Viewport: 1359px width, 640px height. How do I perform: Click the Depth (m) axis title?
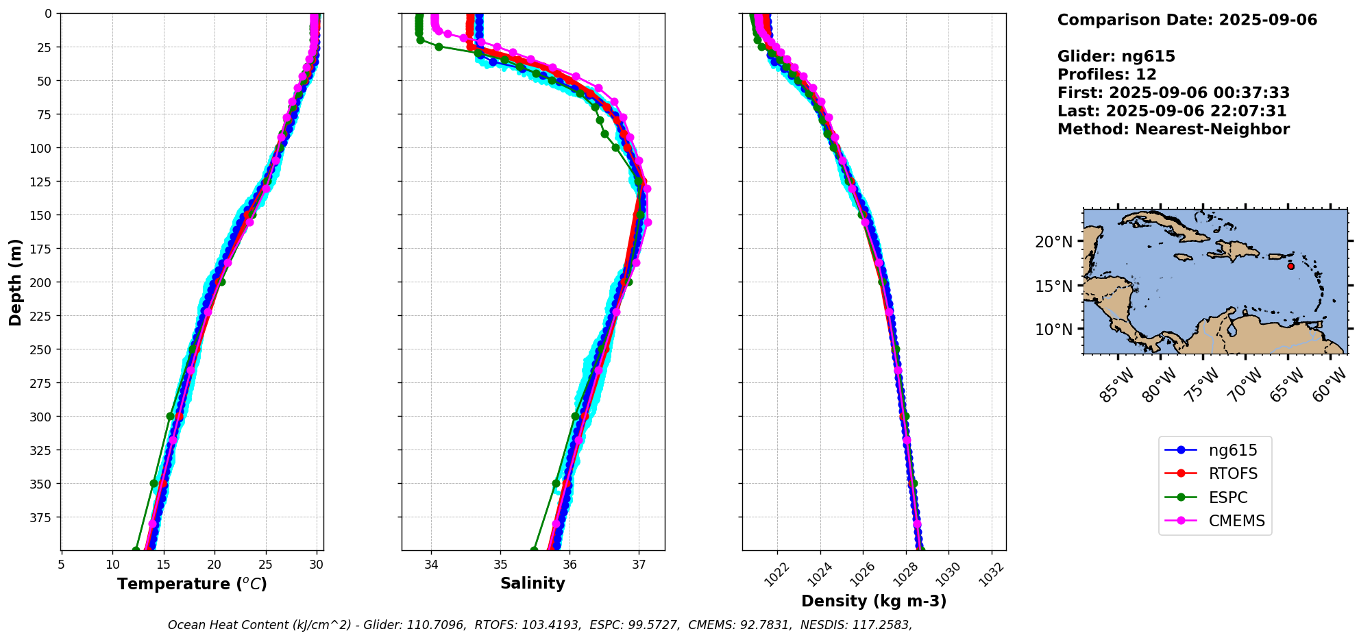coord(16,282)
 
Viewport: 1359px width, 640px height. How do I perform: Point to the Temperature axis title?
coord(192,584)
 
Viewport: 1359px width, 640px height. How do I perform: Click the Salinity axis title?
coord(532,583)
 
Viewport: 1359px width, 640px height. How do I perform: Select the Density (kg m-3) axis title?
coord(874,601)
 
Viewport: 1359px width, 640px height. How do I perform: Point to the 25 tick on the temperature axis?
coord(265,564)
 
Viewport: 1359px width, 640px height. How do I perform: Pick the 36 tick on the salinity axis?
coord(570,564)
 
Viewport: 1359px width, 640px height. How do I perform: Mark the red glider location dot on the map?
coord(1290,266)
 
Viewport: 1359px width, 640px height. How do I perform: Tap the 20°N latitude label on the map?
coord(1053,242)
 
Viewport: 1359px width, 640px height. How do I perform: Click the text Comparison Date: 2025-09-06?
coord(1187,20)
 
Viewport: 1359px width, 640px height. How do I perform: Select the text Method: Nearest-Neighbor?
coord(1173,130)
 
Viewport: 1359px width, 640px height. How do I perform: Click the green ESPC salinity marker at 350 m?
coord(556,483)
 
